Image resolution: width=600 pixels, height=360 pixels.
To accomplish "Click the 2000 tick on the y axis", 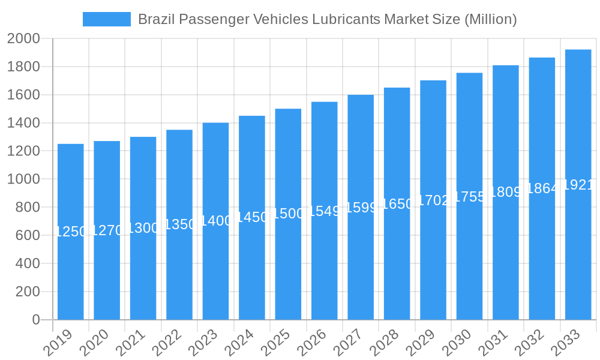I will pos(23,39).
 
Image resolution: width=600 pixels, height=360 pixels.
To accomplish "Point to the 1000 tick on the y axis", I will pos(23,179).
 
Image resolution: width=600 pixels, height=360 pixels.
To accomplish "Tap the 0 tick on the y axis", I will pos(35,320).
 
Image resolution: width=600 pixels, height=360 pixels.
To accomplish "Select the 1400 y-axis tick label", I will pos(23,123).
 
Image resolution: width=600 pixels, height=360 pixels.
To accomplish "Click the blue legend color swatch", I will pos(106,19).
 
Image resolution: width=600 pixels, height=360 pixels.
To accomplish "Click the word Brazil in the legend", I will pos(155,19).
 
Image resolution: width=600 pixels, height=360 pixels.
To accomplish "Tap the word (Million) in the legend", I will pos(490,19).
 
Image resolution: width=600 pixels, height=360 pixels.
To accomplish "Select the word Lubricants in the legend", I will pos(346,19).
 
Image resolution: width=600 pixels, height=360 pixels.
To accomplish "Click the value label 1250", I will pos(71,232).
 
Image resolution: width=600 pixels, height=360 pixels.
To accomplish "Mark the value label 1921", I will pos(578,185).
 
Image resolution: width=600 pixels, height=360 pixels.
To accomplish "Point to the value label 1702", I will pos(433,200).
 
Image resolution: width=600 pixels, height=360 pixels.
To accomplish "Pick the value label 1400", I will pos(215,221).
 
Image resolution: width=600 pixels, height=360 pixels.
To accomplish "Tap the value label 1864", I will pos(542,188).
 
